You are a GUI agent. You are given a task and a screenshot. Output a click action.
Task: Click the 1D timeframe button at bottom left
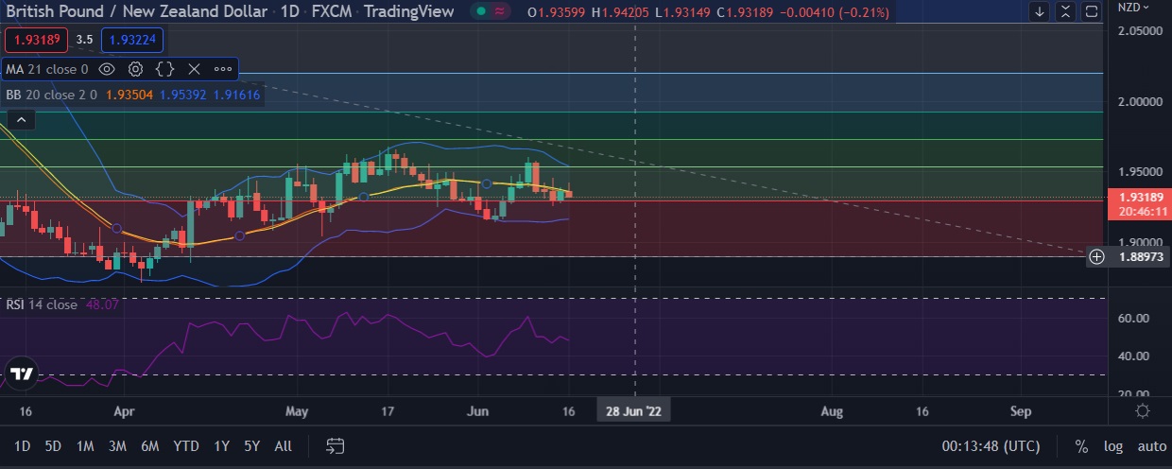pyautogui.click(x=23, y=446)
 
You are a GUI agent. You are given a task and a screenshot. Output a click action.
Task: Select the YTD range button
pyautogui.click(x=186, y=446)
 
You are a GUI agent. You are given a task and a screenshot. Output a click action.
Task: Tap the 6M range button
pyautogui.click(x=149, y=446)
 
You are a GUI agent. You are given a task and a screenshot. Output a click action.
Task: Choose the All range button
pyautogui.click(x=283, y=446)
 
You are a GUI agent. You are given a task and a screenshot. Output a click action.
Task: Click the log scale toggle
pyautogui.click(x=1114, y=446)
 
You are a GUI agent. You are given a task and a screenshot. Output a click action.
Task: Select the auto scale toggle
pyautogui.click(x=1151, y=446)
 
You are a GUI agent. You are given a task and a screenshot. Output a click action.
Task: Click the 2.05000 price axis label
pyautogui.click(x=1139, y=30)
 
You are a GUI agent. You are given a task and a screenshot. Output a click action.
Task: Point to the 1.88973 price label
pyautogui.click(x=1139, y=256)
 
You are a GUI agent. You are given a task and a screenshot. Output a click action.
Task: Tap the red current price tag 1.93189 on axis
pyautogui.click(x=1138, y=198)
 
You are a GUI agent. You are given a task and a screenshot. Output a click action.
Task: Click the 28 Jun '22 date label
pyautogui.click(x=633, y=411)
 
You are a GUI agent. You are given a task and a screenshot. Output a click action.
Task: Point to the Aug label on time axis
pyautogui.click(x=832, y=411)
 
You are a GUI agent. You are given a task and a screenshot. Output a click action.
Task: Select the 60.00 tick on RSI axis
pyautogui.click(x=1133, y=318)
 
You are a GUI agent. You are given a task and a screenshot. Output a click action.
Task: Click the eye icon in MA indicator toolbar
pyautogui.click(x=107, y=69)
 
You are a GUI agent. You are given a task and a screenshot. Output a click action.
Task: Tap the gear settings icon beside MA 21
pyautogui.click(x=135, y=69)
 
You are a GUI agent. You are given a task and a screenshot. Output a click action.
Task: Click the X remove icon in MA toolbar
pyautogui.click(x=194, y=69)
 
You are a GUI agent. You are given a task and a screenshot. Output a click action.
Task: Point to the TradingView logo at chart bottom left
pyautogui.click(x=21, y=373)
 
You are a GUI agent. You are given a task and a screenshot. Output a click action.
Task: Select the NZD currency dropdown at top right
pyautogui.click(x=1133, y=7)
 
